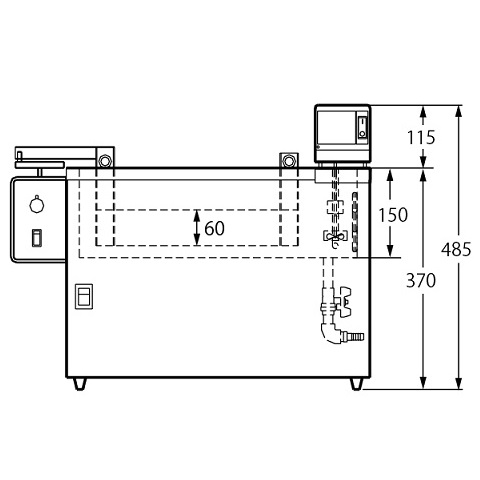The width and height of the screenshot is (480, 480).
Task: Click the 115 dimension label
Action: click(421, 137)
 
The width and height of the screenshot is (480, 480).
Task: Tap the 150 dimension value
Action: click(393, 215)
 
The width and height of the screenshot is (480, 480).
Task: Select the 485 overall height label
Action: click(456, 249)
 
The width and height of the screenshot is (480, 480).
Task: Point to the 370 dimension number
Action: click(421, 280)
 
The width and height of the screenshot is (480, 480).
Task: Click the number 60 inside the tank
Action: click(214, 228)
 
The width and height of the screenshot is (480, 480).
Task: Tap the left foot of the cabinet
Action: click(80, 384)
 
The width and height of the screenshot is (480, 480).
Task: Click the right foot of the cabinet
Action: click(356, 384)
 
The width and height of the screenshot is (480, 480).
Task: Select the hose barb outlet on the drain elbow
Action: click(355, 336)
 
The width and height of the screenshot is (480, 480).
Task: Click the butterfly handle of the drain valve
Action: click(345, 301)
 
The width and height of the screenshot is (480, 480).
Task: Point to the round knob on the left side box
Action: click(37, 204)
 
